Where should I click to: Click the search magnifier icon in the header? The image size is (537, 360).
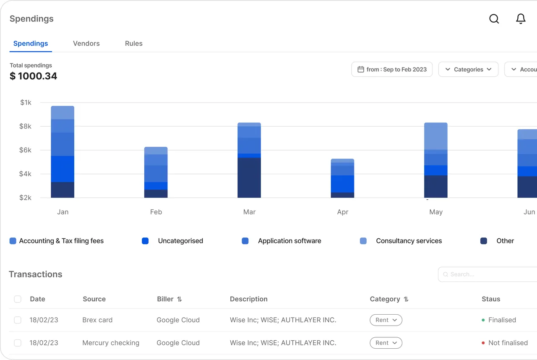[494, 19]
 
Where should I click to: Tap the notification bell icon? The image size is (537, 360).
[521, 19]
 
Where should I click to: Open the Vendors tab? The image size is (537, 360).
[86, 43]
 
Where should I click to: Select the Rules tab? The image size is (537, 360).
[134, 43]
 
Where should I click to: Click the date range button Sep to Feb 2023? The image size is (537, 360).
[392, 69]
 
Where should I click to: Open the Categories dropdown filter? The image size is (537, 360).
[469, 69]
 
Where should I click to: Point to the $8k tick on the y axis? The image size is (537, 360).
[25, 126]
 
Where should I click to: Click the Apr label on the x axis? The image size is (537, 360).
[343, 212]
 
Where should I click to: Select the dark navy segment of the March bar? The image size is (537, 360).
[249, 177]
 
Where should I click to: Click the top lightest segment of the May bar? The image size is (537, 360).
[435, 136]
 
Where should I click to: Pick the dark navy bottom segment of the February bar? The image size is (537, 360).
[156, 194]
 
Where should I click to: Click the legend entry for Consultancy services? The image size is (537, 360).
[401, 241]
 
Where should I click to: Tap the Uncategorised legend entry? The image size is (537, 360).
[172, 241]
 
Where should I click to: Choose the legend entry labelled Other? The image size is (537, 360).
[497, 241]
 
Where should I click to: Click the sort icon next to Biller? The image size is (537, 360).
[179, 299]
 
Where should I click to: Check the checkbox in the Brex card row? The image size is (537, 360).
[18, 320]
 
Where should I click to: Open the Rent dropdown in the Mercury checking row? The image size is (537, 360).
[386, 343]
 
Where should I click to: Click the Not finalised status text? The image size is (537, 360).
[508, 343]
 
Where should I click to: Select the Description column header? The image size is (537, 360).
[249, 299]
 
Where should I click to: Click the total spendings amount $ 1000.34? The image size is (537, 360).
[33, 76]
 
